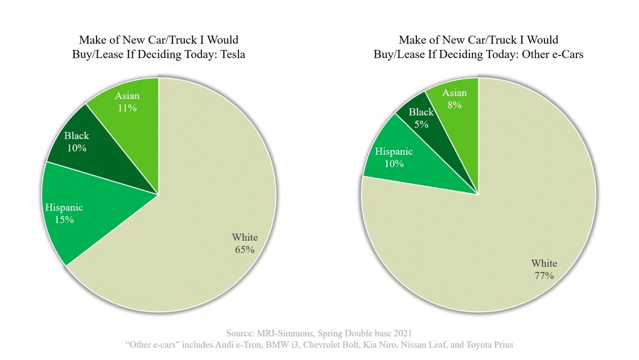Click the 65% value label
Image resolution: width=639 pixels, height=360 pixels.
[245, 250]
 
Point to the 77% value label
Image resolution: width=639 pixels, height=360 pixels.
[544, 276]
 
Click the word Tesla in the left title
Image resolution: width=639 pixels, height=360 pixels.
[231, 55]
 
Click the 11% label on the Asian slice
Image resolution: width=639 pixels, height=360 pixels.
[127, 109]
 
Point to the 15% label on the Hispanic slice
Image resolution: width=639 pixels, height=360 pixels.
[64, 220]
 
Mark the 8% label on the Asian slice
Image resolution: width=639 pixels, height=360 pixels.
[455, 105]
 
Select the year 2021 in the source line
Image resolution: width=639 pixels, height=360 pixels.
[401, 333]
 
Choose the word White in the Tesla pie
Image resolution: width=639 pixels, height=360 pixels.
[245, 237]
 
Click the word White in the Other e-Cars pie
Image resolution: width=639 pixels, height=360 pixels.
[544, 263]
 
